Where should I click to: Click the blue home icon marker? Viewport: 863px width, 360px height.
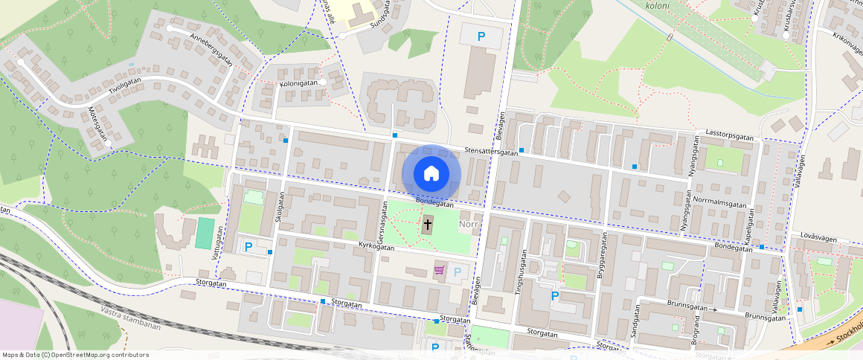[x=431, y=173]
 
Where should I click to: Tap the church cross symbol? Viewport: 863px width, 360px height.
[x=428, y=223]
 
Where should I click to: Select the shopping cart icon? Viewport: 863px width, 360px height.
[x=440, y=271]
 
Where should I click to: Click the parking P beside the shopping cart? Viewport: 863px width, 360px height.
[x=458, y=272]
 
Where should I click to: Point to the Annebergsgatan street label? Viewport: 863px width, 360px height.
[x=211, y=50]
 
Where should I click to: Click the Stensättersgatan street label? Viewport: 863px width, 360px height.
[x=490, y=151]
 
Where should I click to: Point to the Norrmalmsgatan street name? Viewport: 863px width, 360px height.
[x=719, y=202]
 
